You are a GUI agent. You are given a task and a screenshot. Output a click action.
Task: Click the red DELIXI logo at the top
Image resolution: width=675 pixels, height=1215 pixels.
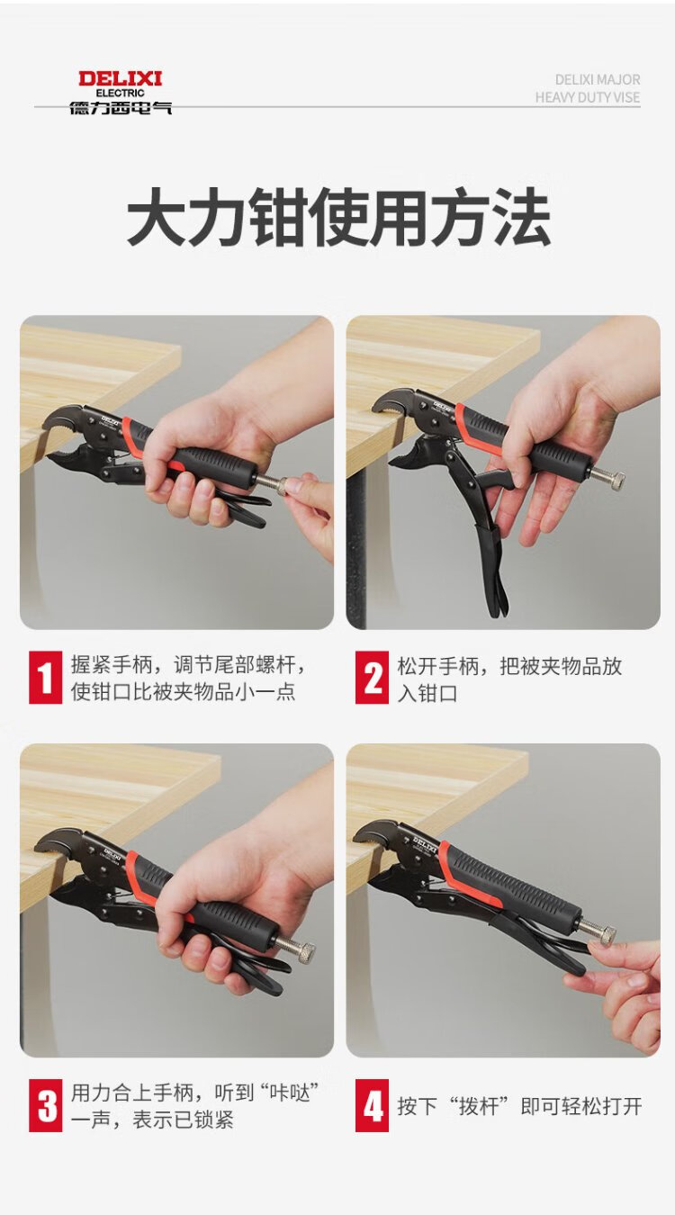pyautogui.click(x=120, y=78)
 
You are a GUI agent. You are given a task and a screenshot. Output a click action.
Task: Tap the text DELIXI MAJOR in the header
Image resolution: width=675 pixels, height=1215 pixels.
pyautogui.click(x=598, y=80)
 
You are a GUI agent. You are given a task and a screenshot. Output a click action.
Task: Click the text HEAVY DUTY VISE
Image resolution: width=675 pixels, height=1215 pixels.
pyautogui.click(x=588, y=97)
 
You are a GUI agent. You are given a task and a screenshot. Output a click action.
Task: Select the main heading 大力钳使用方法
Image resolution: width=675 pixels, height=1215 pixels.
pyautogui.click(x=338, y=217)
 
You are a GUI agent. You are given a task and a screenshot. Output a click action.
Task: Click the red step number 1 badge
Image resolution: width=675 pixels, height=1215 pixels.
pyautogui.click(x=46, y=678)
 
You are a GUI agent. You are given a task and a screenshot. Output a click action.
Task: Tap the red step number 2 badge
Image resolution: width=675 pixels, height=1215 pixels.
pyautogui.click(x=373, y=678)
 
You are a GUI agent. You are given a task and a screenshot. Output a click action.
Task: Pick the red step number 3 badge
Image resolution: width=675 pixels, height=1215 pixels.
pyautogui.click(x=46, y=1105)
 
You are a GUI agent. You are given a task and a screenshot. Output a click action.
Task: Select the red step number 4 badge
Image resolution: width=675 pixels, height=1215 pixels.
pyautogui.click(x=373, y=1105)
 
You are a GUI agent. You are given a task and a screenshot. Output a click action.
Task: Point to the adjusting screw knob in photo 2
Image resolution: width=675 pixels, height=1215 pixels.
pyautogui.click(x=612, y=480)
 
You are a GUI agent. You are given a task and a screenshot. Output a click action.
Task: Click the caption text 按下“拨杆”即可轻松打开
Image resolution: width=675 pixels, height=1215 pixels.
pyautogui.click(x=519, y=1106)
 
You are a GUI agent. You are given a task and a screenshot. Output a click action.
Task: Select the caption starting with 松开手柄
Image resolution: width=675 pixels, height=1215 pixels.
pyautogui.click(x=509, y=679)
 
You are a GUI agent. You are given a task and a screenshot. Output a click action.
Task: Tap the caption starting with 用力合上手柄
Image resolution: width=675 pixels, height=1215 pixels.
pyautogui.click(x=194, y=1105)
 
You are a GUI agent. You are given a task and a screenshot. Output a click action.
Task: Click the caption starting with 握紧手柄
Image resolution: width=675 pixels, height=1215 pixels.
pyautogui.click(x=188, y=678)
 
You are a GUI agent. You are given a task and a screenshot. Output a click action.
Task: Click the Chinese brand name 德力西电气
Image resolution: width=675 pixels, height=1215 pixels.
pyautogui.click(x=121, y=107)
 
